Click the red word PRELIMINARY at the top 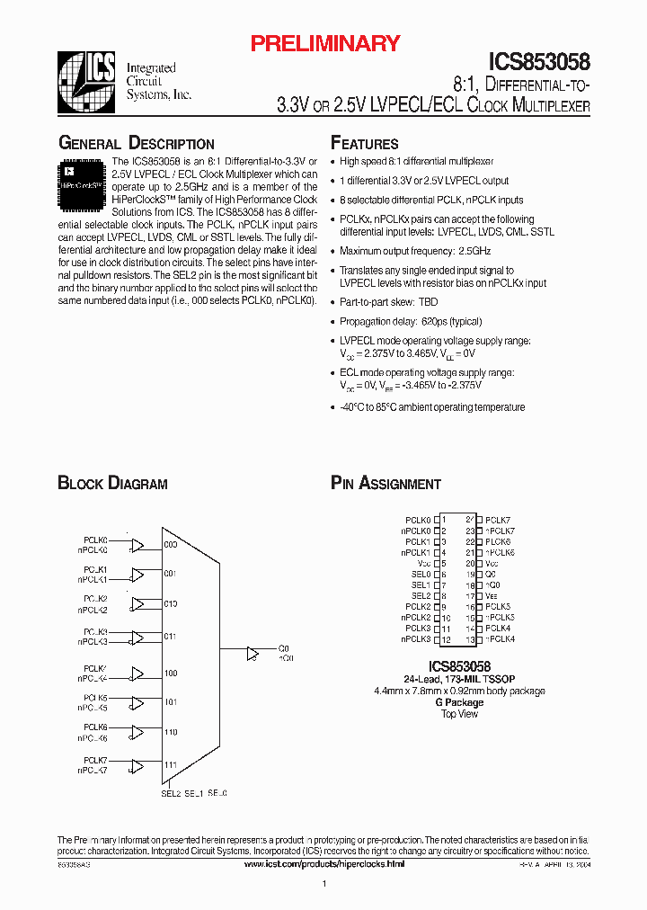click(324, 43)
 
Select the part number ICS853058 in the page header click(539, 62)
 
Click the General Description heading click(136, 144)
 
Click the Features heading click(364, 144)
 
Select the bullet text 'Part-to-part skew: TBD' click(388, 302)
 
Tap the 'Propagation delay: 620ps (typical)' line click(411, 321)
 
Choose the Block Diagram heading click(112, 484)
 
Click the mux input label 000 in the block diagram click(171, 545)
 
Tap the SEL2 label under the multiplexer click(171, 793)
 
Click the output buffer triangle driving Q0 click(254, 652)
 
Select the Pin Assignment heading click(386, 484)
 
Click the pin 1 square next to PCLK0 click(437, 520)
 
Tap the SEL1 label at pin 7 click(421, 585)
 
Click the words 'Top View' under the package click(459, 714)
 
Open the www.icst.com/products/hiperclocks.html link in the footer click(324, 863)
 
